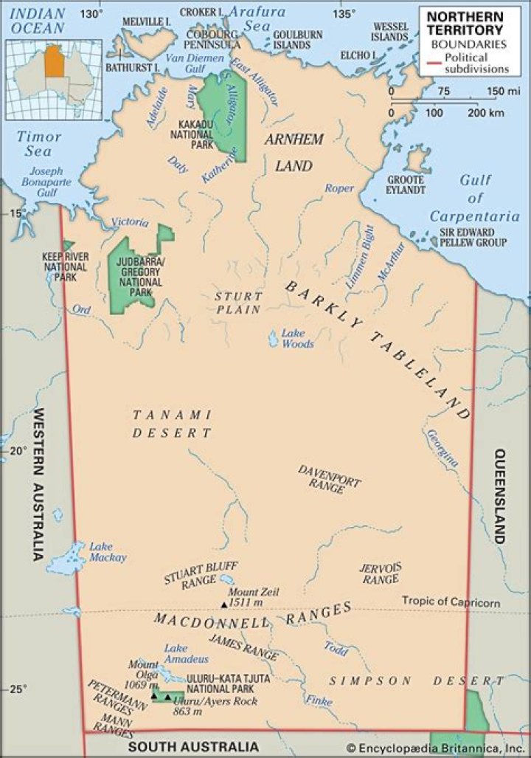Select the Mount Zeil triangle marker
(x=225, y=604)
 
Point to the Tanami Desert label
(x=172, y=424)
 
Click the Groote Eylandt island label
(x=406, y=185)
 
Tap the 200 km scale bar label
(x=485, y=113)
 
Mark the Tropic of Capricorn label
(x=451, y=602)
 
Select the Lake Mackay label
(x=108, y=552)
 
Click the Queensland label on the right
(x=501, y=496)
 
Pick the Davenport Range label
(x=330, y=479)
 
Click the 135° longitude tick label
(x=342, y=14)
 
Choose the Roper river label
(x=340, y=188)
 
